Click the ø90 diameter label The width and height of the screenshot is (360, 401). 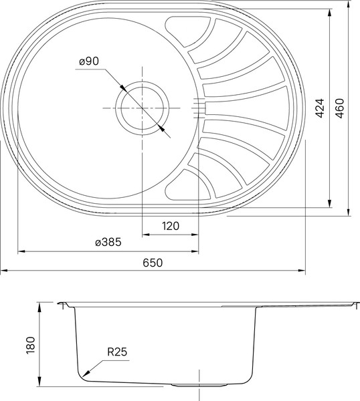click(x=88, y=61)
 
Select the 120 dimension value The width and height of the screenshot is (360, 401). click(x=171, y=226)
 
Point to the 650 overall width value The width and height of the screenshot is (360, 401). click(x=153, y=263)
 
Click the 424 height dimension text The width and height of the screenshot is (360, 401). click(x=320, y=108)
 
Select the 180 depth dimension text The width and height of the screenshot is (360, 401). click(x=29, y=346)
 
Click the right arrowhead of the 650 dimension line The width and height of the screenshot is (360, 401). click(x=304, y=271)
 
